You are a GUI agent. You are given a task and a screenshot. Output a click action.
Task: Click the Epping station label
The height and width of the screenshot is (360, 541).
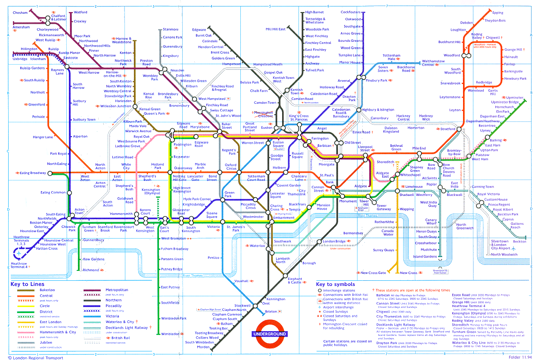(x=497, y=13)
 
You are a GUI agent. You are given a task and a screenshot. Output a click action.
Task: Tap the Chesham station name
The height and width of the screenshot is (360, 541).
(x=20, y=13)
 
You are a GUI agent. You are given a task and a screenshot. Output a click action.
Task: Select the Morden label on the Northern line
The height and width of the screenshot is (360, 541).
(x=203, y=347)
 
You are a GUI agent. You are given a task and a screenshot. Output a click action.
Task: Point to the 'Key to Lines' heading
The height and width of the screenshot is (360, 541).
(x=27, y=284)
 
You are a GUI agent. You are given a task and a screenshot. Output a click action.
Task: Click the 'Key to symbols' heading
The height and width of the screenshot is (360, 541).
(x=336, y=284)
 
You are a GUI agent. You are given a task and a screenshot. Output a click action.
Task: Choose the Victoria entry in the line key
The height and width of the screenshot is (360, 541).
(x=112, y=316)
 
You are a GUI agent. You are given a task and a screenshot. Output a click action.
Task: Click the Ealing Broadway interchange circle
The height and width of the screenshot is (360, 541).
(x=50, y=173)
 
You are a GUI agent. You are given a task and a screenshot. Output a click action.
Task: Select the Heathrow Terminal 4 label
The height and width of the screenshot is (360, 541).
(x=19, y=265)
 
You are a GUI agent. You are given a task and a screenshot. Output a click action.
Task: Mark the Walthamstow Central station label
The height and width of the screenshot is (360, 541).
(x=433, y=63)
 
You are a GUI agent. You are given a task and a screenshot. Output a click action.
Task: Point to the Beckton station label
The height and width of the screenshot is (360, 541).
(x=519, y=242)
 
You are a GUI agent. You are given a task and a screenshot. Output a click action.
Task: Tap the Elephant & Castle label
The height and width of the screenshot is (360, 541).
(x=295, y=281)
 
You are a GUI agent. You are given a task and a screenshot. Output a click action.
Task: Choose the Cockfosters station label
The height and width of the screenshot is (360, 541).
(x=350, y=12)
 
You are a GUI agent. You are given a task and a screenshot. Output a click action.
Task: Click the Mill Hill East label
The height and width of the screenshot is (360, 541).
(x=275, y=29)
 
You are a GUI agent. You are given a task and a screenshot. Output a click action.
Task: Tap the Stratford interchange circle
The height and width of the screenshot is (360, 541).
(x=459, y=129)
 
